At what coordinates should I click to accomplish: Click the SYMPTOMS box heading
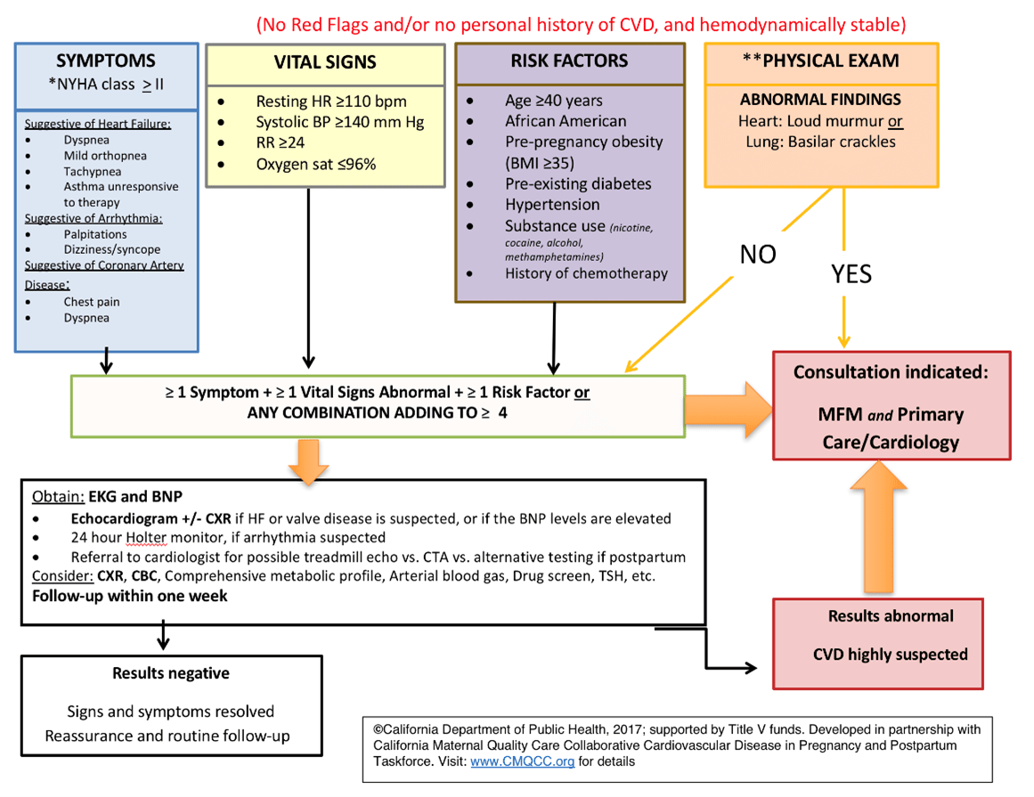pos(106,61)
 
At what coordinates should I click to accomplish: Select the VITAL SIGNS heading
pos(324,62)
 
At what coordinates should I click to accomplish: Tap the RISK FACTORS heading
pos(569,61)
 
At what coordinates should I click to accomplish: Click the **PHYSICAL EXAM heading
pos(820,61)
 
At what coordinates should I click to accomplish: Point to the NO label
pos(758,255)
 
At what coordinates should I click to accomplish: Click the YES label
pos(851,273)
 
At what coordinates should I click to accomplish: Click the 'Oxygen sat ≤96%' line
pos(315,164)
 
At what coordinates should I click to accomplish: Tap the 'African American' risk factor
pos(566,121)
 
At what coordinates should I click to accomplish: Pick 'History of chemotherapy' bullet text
pos(586,273)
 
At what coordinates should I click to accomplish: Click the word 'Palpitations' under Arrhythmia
pos(95,234)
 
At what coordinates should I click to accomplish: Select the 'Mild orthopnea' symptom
pos(105,156)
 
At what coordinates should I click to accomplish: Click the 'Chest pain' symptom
pos(92,302)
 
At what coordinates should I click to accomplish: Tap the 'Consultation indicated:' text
pos(891,372)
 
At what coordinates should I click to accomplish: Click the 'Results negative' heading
pos(171,673)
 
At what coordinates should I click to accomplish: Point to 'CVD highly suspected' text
pos(891,655)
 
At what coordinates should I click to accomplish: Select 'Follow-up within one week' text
pos(130,596)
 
